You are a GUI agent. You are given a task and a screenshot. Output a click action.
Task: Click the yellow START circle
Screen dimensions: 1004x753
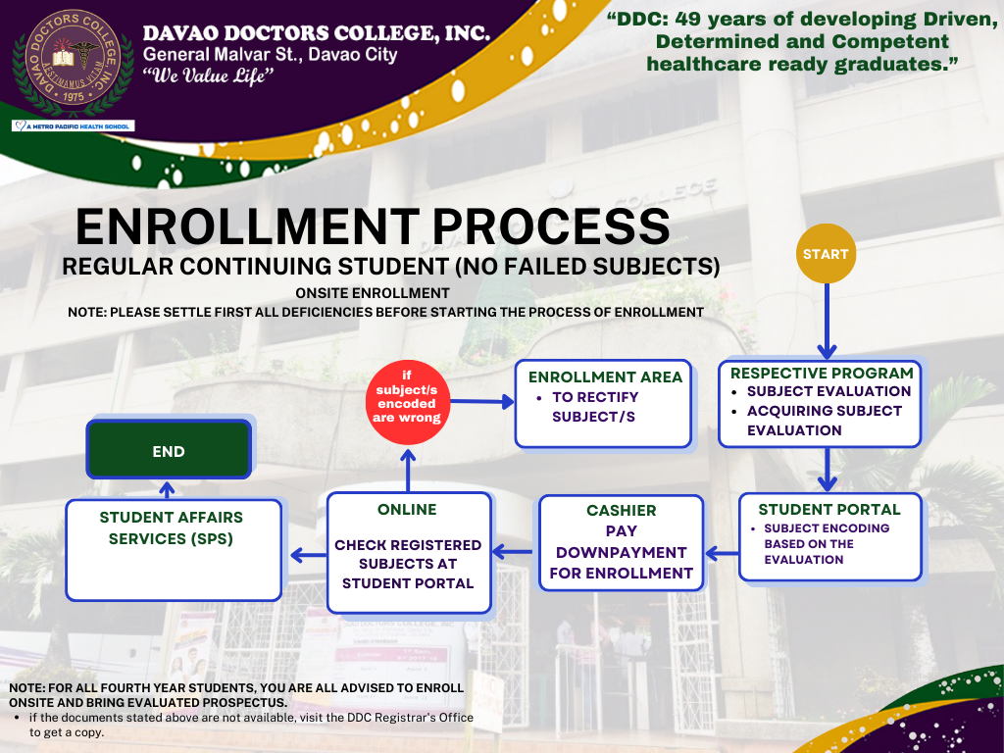point(826,254)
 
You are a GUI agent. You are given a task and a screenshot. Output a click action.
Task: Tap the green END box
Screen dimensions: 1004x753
point(169,449)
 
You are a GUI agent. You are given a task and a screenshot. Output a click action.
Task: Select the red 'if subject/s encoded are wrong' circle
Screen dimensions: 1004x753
point(407,402)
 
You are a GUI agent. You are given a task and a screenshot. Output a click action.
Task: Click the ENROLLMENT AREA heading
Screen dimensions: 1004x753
point(605,377)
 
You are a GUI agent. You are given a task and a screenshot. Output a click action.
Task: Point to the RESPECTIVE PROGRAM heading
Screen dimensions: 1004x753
point(822,373)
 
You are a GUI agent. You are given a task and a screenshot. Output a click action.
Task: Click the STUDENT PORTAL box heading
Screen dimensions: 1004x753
point(829,510)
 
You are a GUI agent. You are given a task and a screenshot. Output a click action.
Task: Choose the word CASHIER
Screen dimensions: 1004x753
point(621,510)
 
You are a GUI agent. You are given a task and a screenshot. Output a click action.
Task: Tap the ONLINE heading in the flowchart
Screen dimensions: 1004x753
point(407,510)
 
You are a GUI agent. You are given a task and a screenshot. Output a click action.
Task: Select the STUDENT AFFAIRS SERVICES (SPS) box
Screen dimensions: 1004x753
point(174,550)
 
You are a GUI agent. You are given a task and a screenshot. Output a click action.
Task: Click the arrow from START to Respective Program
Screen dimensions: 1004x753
point(827,321)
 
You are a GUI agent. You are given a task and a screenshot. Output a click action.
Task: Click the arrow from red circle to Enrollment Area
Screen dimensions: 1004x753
point(482,402)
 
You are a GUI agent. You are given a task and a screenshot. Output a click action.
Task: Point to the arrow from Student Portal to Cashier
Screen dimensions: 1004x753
point(723,553)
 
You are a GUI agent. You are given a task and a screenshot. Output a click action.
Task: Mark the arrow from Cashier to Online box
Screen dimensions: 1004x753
point(512,551)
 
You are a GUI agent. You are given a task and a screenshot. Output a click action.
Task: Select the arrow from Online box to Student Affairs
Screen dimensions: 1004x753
point(309,555)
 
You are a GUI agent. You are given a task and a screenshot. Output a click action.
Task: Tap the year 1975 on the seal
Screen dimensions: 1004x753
point(73,97)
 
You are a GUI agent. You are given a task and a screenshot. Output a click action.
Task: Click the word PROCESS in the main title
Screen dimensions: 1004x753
point(551,226)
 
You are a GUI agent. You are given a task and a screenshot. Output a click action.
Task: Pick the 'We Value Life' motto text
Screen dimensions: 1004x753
point(208,75)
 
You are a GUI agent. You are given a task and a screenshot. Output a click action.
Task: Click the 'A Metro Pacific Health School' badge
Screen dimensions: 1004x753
point(73,126)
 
